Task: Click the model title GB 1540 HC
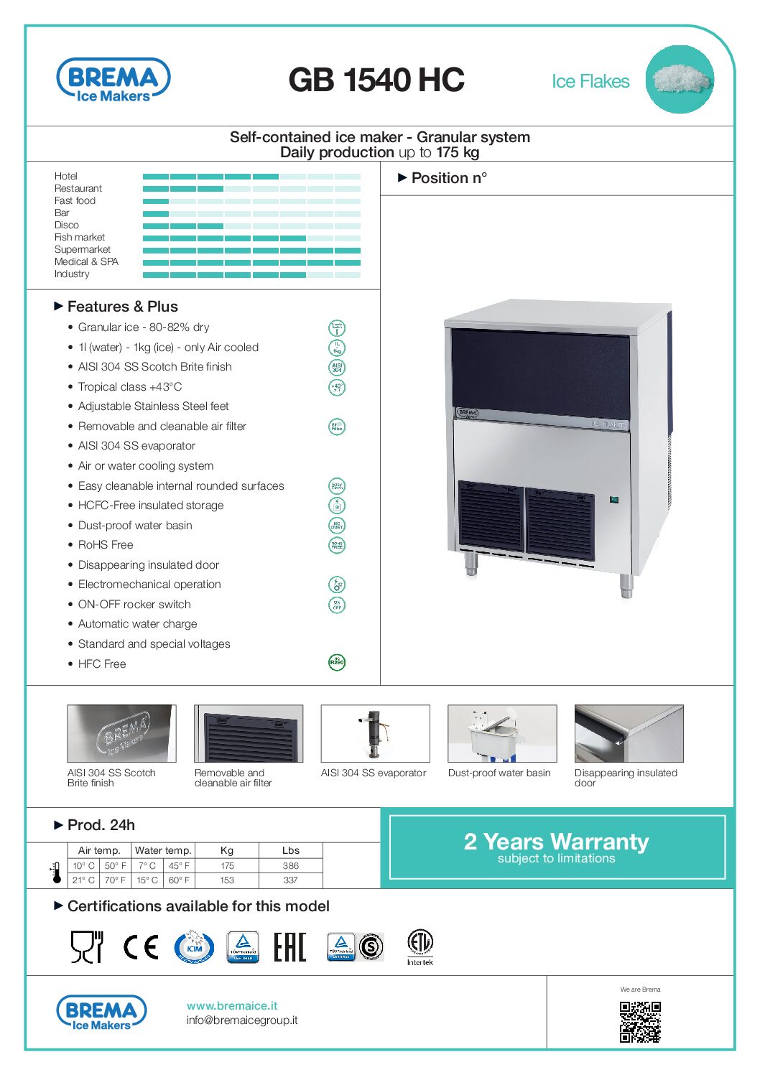[376, 80]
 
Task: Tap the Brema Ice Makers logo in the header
[113, 80]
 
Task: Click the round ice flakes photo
[679, 80]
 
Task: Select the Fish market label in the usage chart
[80, 237]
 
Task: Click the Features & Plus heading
[122, 307]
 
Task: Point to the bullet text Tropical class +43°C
[130, 386]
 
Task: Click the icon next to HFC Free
[336, 662]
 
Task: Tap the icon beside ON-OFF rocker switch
[336, 605]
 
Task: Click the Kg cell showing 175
[227, 866]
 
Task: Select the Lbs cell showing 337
[290, 880]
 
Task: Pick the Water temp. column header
[163, 850]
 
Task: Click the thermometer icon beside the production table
[56, 872]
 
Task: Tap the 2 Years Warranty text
[556, 841]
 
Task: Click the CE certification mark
[140, 947]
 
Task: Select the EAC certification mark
[289, 947]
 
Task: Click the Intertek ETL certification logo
[420, 946]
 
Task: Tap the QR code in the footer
[640, 1022]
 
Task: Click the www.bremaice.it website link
[232, 1005]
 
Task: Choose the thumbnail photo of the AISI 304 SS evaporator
[375, 733]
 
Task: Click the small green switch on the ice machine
[614, 499]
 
